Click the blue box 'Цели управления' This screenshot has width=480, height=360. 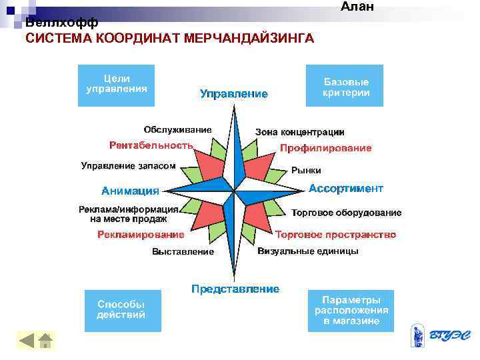pos(117,85)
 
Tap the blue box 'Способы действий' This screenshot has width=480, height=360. pos(123,310)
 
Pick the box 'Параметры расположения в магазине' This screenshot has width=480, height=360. pos(351,310)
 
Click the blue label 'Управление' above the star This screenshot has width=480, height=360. pos(233,94)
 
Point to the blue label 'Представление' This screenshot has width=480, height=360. pos(235,289)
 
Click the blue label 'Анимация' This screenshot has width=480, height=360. pos(131,190)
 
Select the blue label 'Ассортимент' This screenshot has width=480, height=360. pos(346,189)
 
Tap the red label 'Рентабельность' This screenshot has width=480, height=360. pos(151,145)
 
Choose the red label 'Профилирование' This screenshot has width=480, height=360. pos(326,148)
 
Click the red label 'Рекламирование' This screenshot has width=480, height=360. pos(141,235)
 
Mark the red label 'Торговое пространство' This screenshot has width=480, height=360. pos(335,235)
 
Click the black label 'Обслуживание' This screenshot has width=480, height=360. pos(178,129)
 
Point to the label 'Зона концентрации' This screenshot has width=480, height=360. pos(300,132)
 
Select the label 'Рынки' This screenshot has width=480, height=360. pos(306,170)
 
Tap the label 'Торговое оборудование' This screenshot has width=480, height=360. pos(347,213)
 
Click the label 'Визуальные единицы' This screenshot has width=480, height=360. pos(308,251)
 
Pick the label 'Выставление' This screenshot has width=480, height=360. pos(183,251)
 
